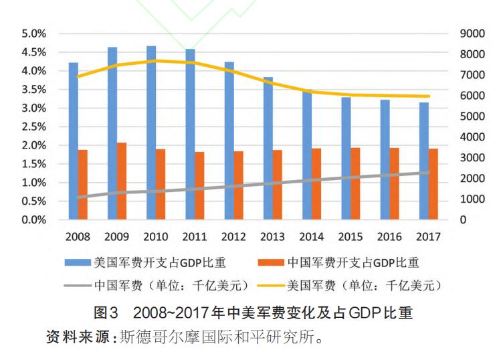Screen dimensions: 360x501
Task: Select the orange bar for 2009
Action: (121, 181)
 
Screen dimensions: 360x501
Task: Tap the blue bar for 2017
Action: (424, 161)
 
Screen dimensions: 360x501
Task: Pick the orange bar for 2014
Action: (316, 184)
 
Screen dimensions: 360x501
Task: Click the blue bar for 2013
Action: (268, 148)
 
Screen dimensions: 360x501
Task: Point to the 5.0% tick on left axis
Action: (33, 33)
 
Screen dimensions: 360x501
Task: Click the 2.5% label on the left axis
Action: (33, 126)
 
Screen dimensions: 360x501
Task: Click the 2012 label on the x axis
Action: (234, 236)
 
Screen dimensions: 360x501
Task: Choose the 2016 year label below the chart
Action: (390, 236)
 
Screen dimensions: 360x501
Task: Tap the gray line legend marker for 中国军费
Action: (78, 286)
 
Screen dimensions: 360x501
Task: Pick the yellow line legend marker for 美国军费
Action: (270, 286)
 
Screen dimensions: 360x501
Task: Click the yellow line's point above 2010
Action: (156, 60)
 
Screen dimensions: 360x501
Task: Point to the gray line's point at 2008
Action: (78, 197)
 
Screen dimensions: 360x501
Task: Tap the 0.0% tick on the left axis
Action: (33, 219)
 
